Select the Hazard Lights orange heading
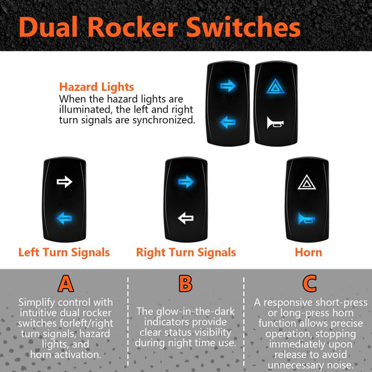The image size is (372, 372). (97, 87)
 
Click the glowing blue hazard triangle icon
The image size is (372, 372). (275, 86)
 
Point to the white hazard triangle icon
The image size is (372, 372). (307, 182)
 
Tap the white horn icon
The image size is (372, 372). (275, 123)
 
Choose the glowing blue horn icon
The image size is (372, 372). (307, 219)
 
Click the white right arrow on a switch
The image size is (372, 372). (64, 182)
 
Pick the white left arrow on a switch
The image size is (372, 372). (185, 218)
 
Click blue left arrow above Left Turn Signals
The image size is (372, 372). (64, 218)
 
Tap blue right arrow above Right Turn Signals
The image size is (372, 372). (186, 182)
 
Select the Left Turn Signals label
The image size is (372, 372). (64, 252)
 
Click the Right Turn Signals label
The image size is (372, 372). (186, 252)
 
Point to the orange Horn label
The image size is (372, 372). (309, 252)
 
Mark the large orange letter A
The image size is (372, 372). (65, 283)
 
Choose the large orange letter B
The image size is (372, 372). (185, 283)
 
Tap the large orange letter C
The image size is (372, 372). (309, 283)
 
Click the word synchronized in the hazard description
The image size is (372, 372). (164, 120)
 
